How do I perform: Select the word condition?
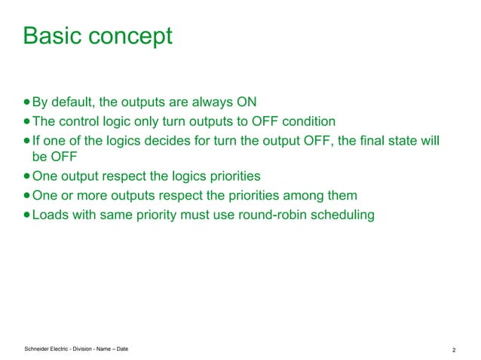click(x=297, y=122)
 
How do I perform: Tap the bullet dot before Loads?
click(x=27, y=215)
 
